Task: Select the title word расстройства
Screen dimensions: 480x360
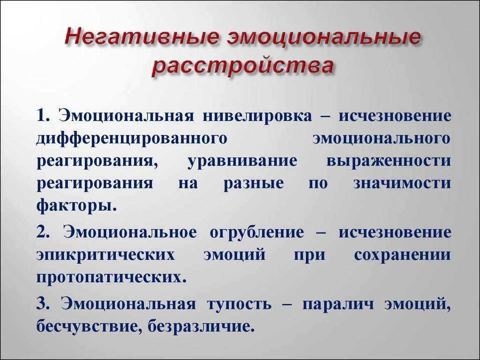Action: (242, 66)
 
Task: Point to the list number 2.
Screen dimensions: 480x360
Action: (43, 232)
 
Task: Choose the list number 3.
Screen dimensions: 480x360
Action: (43, 304)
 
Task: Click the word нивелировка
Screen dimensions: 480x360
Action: (257, 116)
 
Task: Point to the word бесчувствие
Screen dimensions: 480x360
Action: (89, 327)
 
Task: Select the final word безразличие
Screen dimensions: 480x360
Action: (201, 327)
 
